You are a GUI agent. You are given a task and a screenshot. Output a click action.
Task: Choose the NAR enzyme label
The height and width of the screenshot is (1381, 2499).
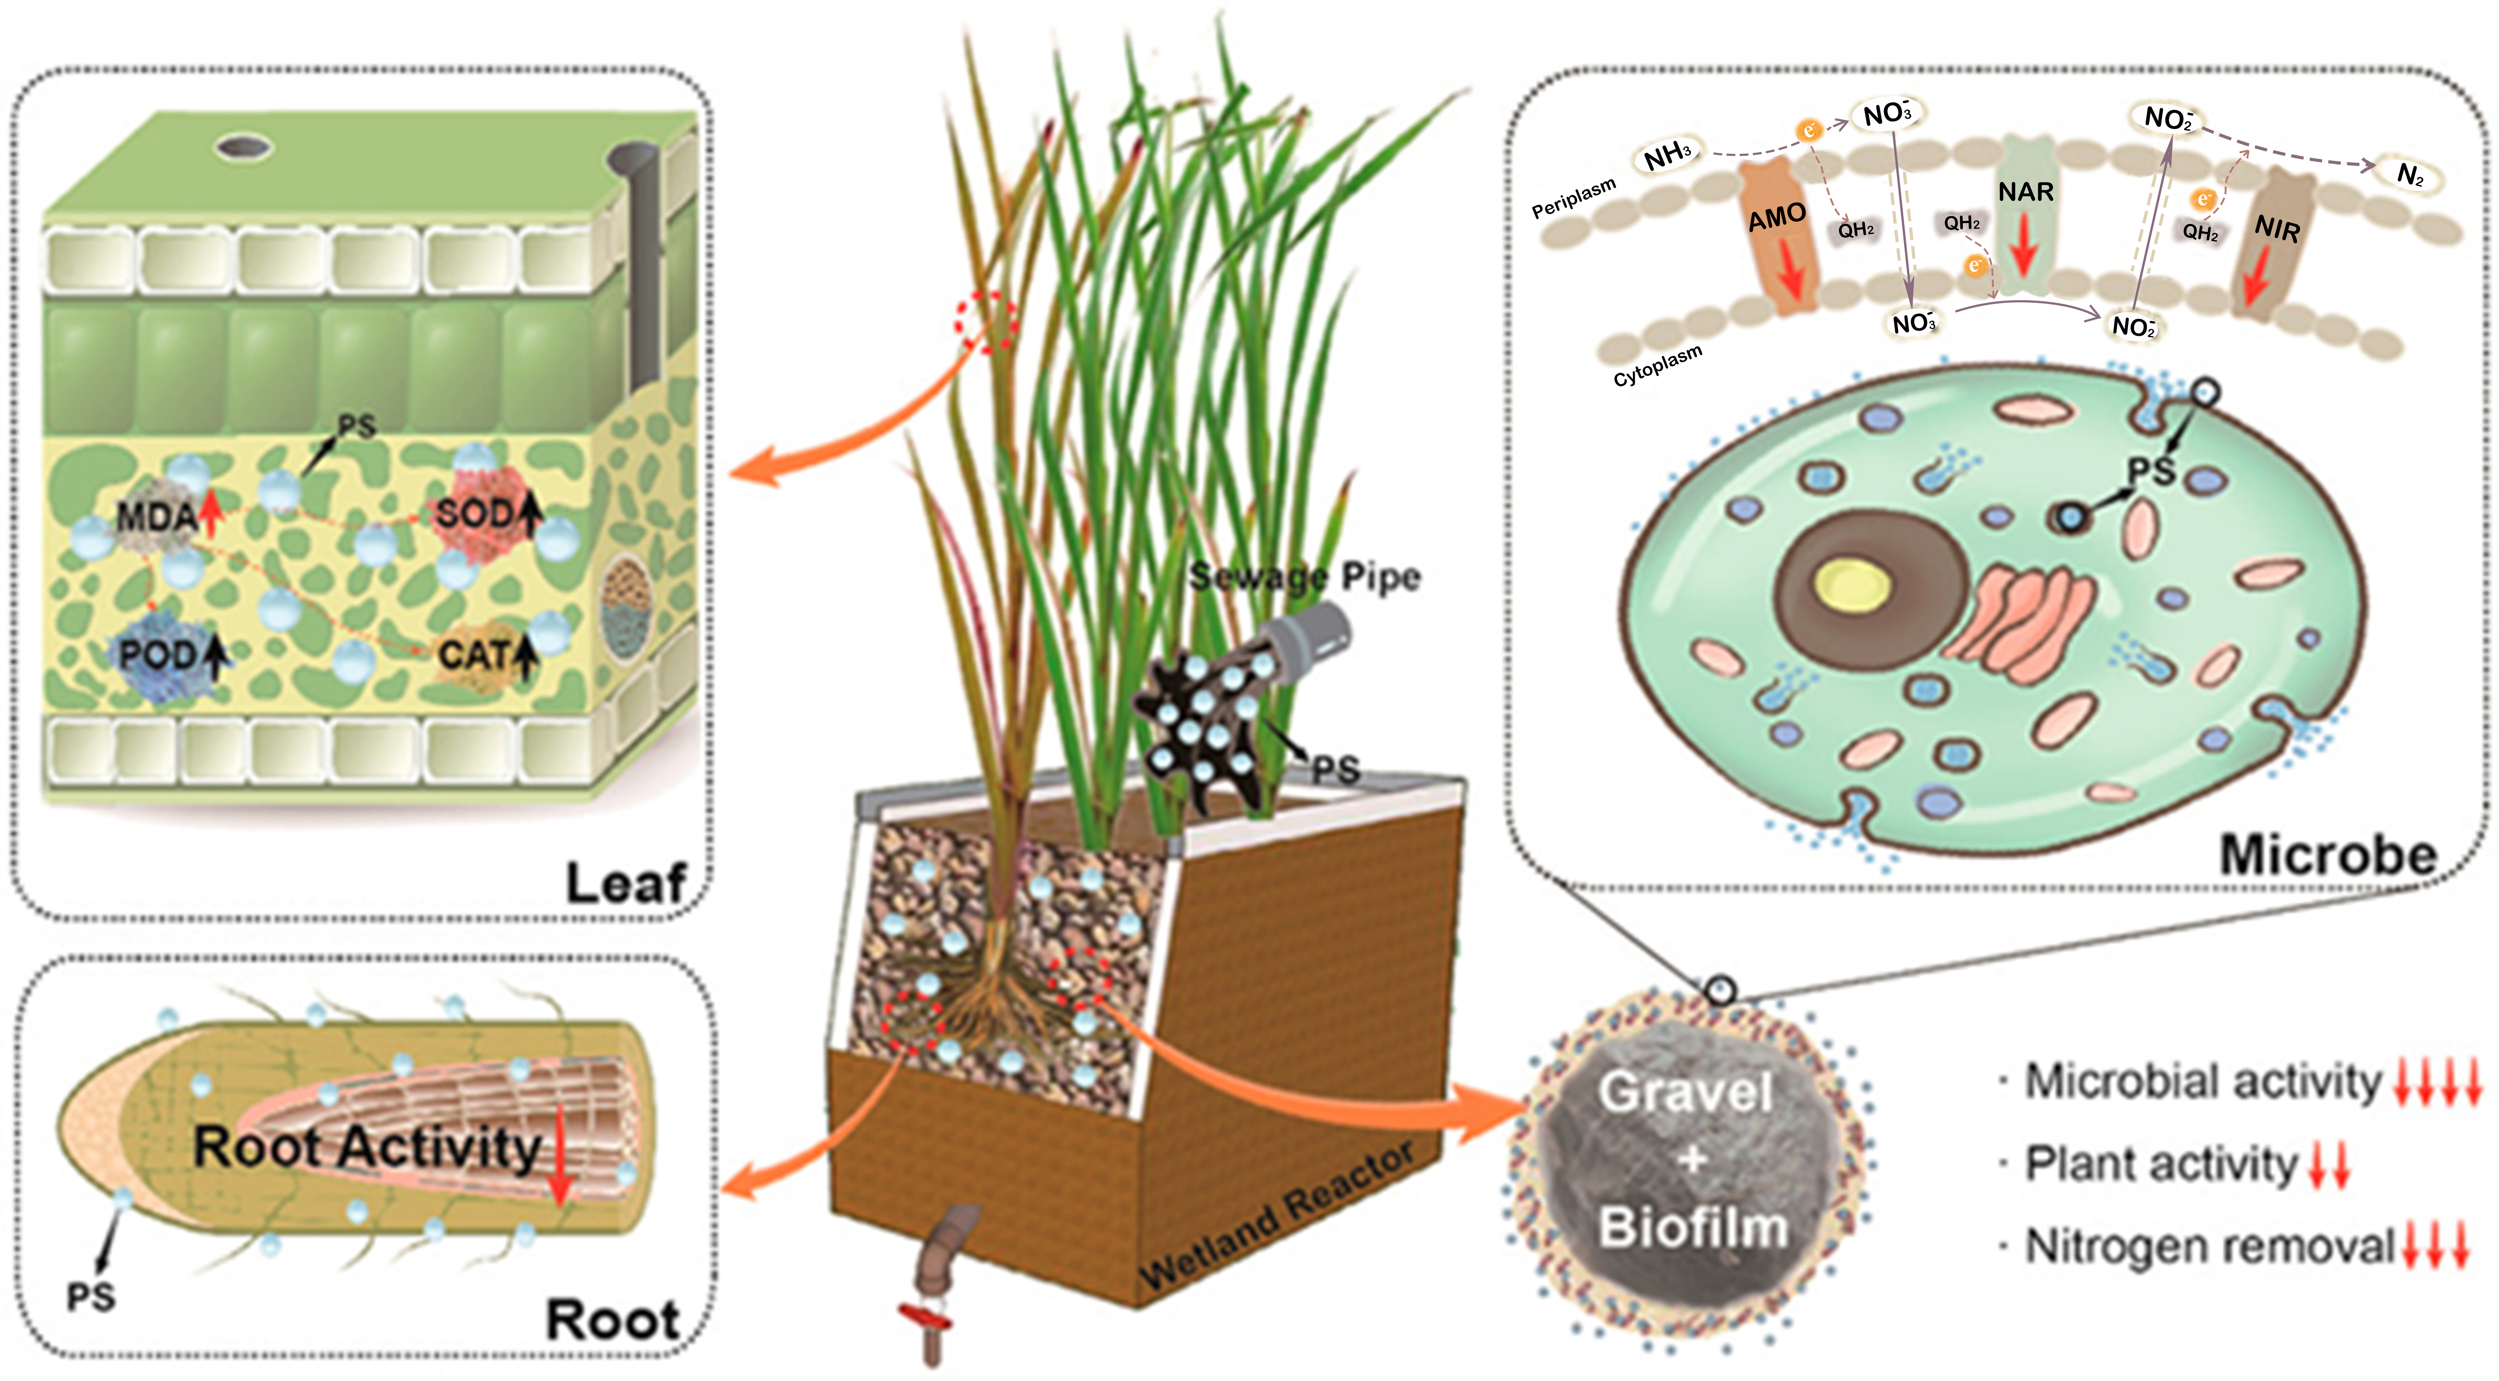(x=2026, y=192)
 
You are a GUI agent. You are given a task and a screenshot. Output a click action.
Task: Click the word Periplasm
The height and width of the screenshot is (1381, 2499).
(x=1574, y=198)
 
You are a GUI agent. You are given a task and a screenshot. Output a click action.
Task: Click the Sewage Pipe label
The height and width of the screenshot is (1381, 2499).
(x=1305, y=577)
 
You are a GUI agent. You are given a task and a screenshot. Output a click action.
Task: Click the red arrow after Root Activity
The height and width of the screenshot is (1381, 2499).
(x=560, y=1154)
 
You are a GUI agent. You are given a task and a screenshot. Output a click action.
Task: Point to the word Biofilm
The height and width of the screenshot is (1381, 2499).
(x=1692, y=1227)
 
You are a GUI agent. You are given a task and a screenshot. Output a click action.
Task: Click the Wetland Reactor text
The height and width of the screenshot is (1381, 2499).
(x=1276, y=1217)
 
